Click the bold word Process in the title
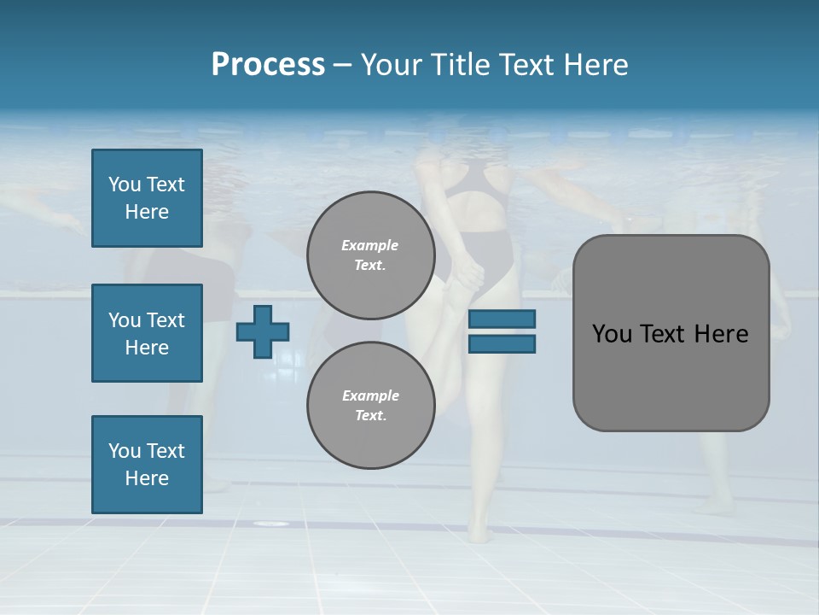(268, 65)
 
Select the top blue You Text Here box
(147, 198)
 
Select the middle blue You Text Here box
(147, 333)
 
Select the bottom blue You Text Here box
(147, 465)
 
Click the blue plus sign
(263, 331)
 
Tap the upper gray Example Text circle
(370, 255)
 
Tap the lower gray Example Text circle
(370, 405)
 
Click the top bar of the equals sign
(502, 319)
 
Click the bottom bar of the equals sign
(502, 343)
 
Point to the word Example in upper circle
(370, 245)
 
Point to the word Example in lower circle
(370, 395)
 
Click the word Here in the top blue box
(147, 212)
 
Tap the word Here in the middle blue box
(147, 348)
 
